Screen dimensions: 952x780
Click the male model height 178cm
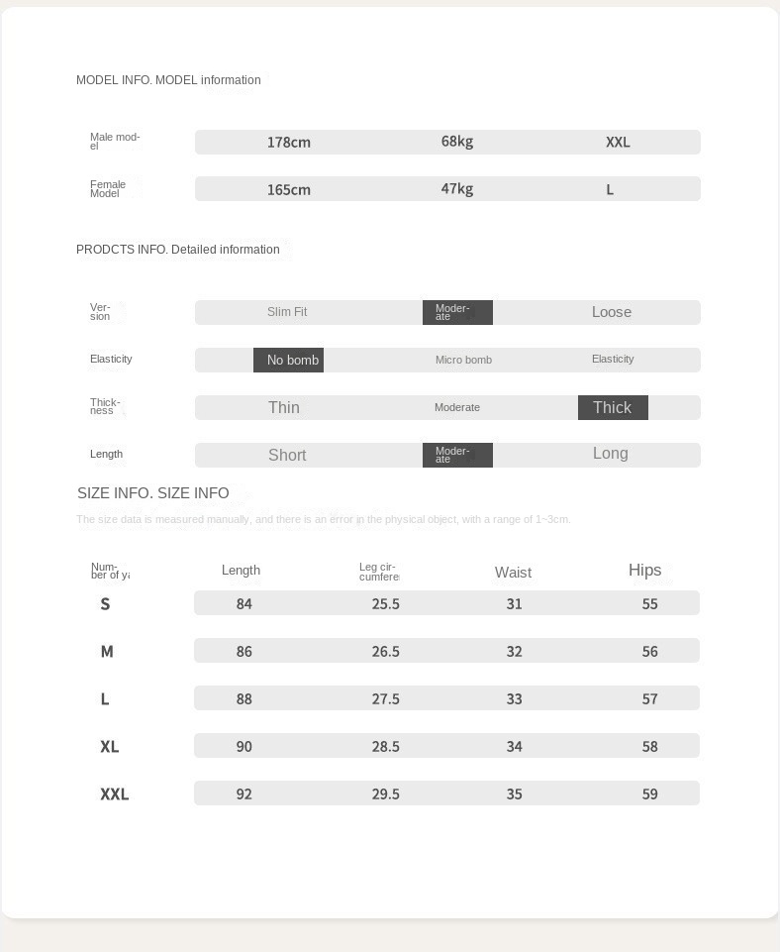[x=288, y=142]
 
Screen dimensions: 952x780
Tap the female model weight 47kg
[x=456, y=188]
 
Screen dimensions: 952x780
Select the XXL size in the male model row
[x=618, y=142]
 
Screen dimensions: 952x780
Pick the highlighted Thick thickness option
[x=613, y=407]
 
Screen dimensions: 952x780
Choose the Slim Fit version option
[x=287, y=312]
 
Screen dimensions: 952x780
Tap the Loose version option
[x=612, y=312]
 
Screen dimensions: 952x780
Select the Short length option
[x=287, y=455]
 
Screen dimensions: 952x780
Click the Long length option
[x=611, y=454]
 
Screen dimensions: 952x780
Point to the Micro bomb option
[x=463, y=360]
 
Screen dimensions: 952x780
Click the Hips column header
[x=644, y=570]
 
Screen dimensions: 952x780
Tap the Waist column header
[x=513, y=573]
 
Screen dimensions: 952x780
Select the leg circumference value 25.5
[x=386, y=603]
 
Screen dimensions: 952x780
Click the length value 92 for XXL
[x=244, y=793]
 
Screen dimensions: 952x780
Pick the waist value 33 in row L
[x=514, y=698]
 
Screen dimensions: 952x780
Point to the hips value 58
[x=649, y=746]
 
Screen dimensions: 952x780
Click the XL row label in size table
[x=109, y=746]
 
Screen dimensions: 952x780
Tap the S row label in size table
[x=105, y=603]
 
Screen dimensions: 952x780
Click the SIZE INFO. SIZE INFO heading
[x=153, y=492]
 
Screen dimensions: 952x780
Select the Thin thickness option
[x=284, y=407]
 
